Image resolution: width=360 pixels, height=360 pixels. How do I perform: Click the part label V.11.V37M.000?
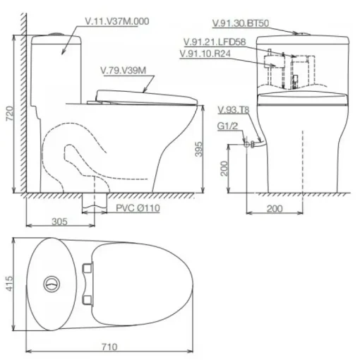pyautogui.click(x=117, y=21)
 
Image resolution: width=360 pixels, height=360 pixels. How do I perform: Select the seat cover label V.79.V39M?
pyautogui.click(x=123, y=71)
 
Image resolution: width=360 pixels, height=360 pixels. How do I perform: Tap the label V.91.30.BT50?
pyautogui.click(x=241, y=23)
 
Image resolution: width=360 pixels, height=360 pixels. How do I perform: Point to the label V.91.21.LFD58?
pyautogui.click(x=215, y=42)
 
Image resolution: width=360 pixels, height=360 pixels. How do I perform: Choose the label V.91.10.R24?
pyautogui.click(x=205, y=54)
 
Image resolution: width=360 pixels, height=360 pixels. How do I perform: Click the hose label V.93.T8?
pyautogui.click(x=233, y=110)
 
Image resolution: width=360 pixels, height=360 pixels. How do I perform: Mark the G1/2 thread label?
pyautogui.click(x=227, y=126)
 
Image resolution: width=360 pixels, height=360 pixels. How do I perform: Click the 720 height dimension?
pyautogui.click(x=10, y=114)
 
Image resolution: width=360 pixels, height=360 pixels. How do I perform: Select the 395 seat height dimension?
pyautogui.click(x=198, y=149)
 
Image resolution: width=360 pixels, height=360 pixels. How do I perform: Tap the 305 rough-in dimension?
pyautogui.click(x=59, y=222)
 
